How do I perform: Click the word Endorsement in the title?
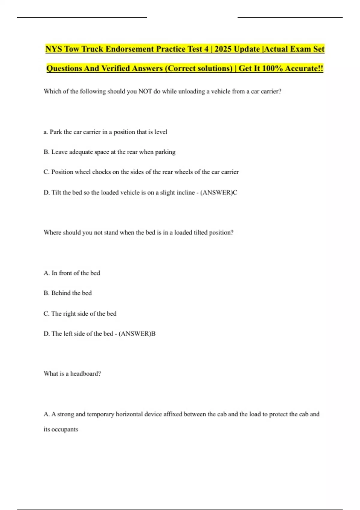tap(129, 49)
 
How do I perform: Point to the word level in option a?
tap(161, 132)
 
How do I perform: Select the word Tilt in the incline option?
tap(56, 192)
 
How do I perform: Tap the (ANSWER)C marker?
tap(219, 192)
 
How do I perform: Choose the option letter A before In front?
tap(46, 273)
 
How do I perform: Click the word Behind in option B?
tap(61, 293)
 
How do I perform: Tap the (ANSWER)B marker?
tap(137, 334)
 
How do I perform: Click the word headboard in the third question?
tap(85, 373)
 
